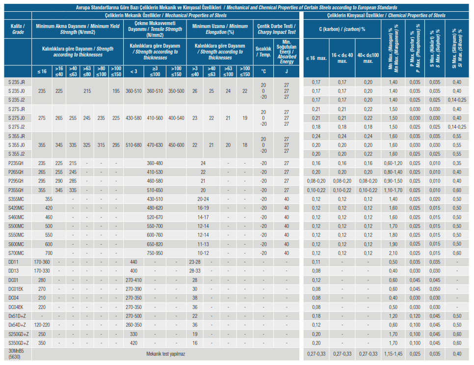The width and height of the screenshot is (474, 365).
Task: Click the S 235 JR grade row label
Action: click(x=17, y=82)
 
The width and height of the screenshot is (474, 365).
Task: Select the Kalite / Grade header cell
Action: click(x=18, y=29)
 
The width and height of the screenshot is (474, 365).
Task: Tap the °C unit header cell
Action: click(x=263, y=71)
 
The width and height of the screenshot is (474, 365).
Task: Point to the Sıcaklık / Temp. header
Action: click(x=263, y=52)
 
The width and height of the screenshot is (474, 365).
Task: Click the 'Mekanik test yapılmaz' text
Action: click(x=166, y=354)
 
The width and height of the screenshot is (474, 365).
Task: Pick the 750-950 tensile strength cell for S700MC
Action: click(x=155, y=253)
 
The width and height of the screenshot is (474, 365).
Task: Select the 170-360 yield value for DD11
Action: click(x=42, y=262)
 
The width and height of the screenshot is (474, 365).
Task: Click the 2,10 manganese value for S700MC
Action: click(x=393, y=253)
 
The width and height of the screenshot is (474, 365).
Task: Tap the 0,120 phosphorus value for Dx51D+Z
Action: click(x=415, y=316)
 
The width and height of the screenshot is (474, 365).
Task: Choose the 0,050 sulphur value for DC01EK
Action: click(x=435, y=289)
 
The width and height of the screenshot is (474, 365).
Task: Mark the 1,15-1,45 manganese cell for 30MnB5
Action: click(x=393, y=354)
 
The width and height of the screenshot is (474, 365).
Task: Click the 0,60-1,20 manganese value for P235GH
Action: click(x=393, y=163)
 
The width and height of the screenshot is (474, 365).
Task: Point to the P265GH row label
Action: click(x=16, y=172)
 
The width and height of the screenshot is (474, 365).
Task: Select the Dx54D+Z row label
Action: click(x=17, y=325)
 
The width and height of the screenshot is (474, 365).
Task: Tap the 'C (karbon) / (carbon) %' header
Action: click(x=342, y=29)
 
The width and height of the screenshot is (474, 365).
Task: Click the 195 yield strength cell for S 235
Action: click(x=116, y=91)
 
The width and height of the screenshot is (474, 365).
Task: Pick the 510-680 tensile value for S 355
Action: click(x=133, y=145)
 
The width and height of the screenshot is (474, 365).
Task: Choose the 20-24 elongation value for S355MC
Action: click(x=203, y=199)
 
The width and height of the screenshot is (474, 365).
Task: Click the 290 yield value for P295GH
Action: click(x=59, y=181)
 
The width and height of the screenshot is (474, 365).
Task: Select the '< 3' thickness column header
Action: click(x=133, y=71)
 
